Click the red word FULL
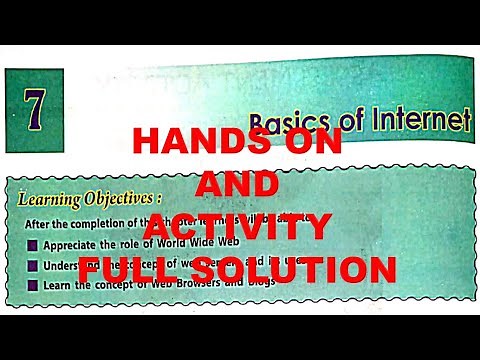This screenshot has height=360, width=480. click(141, 270)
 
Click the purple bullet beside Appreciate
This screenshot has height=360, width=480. click(33, 243)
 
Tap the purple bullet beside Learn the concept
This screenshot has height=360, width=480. click(33, 284)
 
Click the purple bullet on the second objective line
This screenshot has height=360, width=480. click(33, 264)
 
